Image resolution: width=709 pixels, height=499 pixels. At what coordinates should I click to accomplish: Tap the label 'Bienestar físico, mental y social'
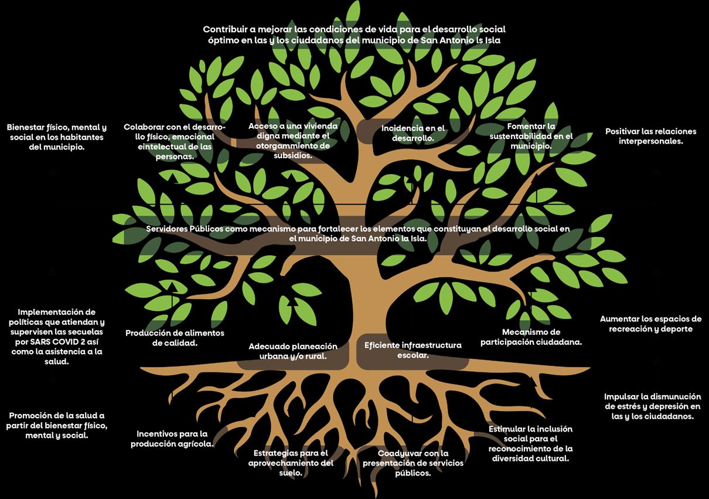(x=56, y=137)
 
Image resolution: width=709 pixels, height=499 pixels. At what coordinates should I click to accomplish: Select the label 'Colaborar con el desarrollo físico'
(x=168, y=142)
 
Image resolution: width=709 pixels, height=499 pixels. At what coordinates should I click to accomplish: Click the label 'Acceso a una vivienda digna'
(x=293, y=141)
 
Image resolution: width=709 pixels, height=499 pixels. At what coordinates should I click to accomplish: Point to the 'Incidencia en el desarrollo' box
(x=413, y=134)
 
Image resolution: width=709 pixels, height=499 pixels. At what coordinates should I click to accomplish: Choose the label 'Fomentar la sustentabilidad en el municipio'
(x=531, y=136)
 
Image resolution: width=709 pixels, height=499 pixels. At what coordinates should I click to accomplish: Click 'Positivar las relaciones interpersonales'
(x=650, y=136)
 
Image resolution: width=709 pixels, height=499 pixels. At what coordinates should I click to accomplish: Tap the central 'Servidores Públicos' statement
(x=357, y=234)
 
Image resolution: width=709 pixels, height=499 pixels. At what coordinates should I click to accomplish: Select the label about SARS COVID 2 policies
(x=56, y=337)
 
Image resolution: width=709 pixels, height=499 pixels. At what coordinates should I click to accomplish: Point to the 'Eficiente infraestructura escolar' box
(x=413, y=350)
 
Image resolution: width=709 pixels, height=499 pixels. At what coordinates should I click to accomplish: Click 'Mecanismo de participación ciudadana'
(x=531, y=337)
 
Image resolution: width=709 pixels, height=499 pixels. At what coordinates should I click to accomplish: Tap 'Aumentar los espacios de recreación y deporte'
(x=650, y=324)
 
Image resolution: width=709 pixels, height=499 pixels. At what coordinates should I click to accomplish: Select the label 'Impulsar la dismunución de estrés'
(x=652, y=406)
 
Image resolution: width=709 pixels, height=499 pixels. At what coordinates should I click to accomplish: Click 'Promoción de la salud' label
(x=56, y=426)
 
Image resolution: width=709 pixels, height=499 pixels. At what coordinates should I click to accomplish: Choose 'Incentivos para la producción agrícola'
(x=172, y=439)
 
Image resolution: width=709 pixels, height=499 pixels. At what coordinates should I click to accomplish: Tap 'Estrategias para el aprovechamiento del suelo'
(x=291, y=463)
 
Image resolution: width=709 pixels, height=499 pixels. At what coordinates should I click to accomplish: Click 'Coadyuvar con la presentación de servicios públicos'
(x=413, y=463)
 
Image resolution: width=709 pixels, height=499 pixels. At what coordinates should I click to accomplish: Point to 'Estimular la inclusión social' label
(x=530, y=444)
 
